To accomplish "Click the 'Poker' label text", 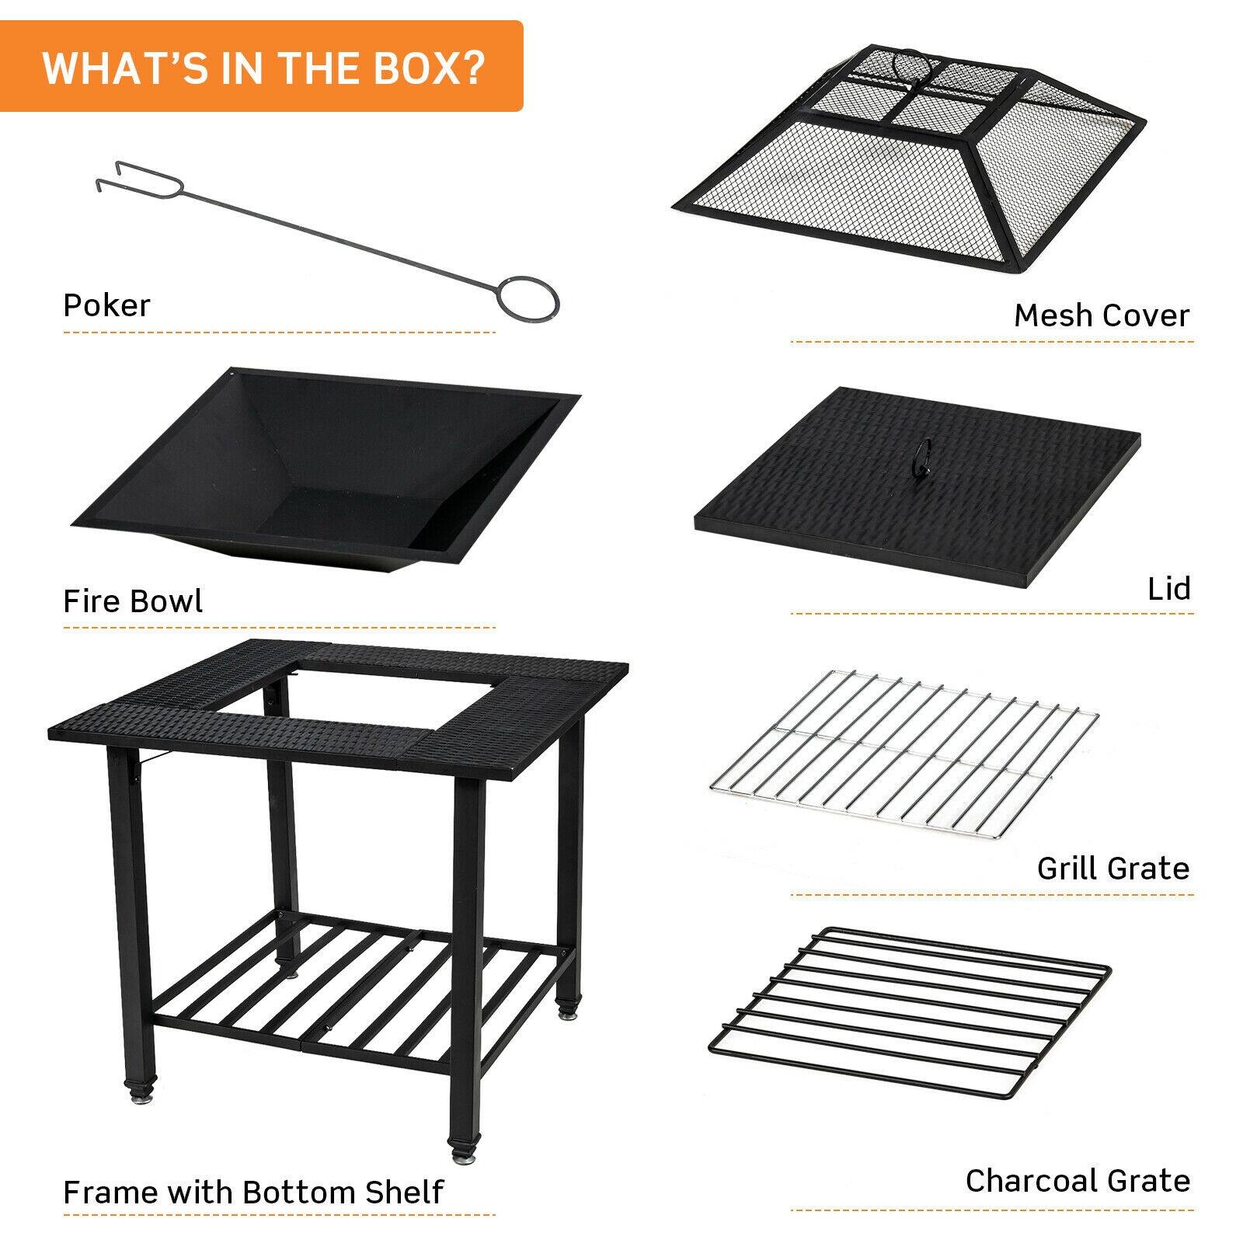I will (106, 305).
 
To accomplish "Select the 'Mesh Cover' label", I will (1101, 315).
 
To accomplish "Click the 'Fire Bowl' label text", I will (133, 601).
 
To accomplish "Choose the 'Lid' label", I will (1168, 589).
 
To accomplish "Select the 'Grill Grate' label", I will (1112, 868).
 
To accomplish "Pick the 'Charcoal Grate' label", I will (1078, 1180).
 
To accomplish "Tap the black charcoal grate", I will (909, 1002).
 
